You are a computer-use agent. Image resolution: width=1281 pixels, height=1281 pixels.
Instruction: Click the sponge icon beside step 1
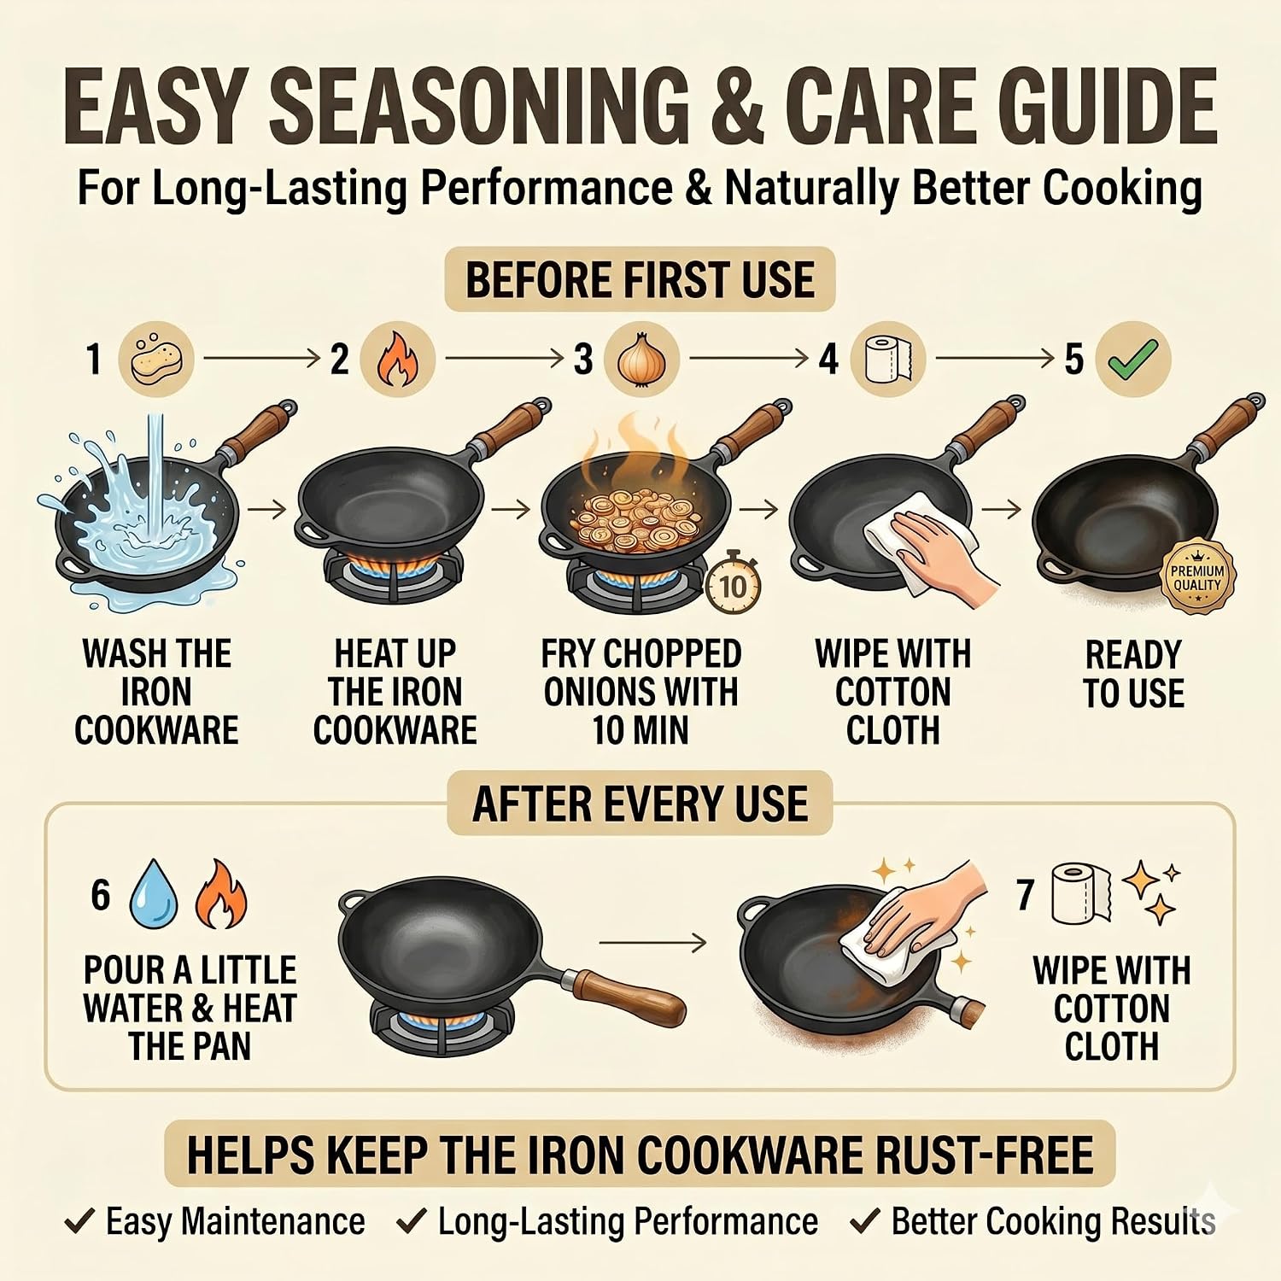(x=156, y=360)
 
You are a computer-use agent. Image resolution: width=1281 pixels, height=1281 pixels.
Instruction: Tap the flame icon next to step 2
(x=397, y=360)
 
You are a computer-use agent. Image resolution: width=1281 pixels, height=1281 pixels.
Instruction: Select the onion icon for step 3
(x=641, y=360)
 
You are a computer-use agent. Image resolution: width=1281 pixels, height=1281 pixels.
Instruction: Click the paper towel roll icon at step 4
(x=889, y=360)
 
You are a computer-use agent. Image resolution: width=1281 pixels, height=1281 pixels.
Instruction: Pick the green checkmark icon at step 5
(x=1133, y=360)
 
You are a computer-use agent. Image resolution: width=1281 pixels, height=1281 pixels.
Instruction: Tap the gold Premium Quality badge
(x=1197, y=576)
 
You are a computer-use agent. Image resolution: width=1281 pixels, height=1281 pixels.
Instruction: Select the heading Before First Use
(x=640, y=279)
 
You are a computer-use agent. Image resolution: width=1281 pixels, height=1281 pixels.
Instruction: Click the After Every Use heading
(x=640, y=803)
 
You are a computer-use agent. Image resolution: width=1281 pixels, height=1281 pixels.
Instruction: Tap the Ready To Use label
(x=1133, y=674)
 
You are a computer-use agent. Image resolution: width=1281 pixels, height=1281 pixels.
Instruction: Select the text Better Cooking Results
(x=1054, y=1222)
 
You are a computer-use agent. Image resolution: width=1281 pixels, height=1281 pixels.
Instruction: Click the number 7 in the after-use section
(x=1026, y=894)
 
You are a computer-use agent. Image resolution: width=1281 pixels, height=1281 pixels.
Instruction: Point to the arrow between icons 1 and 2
(x=261, y=359)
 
